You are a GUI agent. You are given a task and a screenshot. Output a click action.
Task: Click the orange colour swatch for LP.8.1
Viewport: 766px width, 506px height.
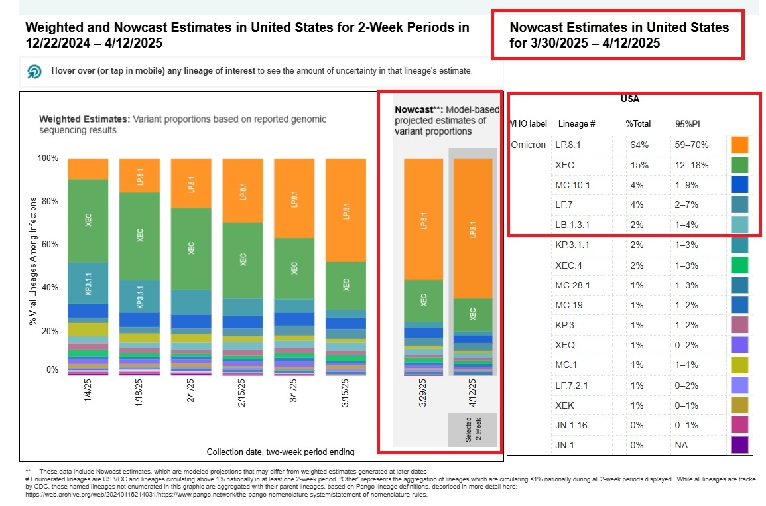(739, 145)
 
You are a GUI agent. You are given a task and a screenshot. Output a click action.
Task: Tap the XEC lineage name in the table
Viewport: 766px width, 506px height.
(564, 164)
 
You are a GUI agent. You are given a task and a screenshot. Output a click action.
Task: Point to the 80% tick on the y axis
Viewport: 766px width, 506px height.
(50, 202)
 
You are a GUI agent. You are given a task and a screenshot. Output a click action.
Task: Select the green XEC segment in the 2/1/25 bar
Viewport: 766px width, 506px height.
(191, 249)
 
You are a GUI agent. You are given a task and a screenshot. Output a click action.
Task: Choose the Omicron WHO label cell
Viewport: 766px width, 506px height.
(528, 145)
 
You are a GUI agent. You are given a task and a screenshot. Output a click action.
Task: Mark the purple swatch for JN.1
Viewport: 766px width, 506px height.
(739, 445)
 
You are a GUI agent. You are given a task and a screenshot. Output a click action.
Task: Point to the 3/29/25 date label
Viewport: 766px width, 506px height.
(424, 397)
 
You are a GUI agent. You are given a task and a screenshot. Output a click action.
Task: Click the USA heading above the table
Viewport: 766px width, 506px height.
(630, 99)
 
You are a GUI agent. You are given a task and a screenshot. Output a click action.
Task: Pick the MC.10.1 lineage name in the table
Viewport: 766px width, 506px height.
(572, 184)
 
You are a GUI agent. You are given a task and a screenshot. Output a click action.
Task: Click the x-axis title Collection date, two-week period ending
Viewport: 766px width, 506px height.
(281, 452)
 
